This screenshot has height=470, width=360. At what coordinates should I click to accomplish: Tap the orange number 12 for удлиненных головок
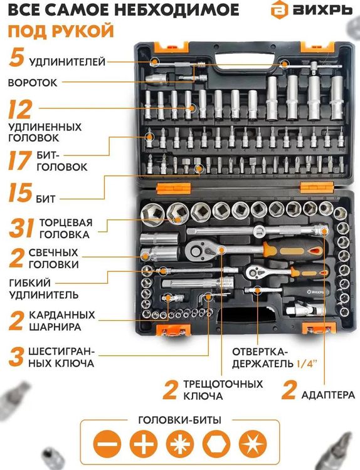[20, 110]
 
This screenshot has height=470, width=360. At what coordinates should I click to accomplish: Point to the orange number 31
[20, 229]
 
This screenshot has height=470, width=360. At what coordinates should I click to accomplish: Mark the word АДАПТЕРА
[327, 395]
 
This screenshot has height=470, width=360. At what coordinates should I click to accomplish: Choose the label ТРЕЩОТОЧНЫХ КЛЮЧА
[213, 390]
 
